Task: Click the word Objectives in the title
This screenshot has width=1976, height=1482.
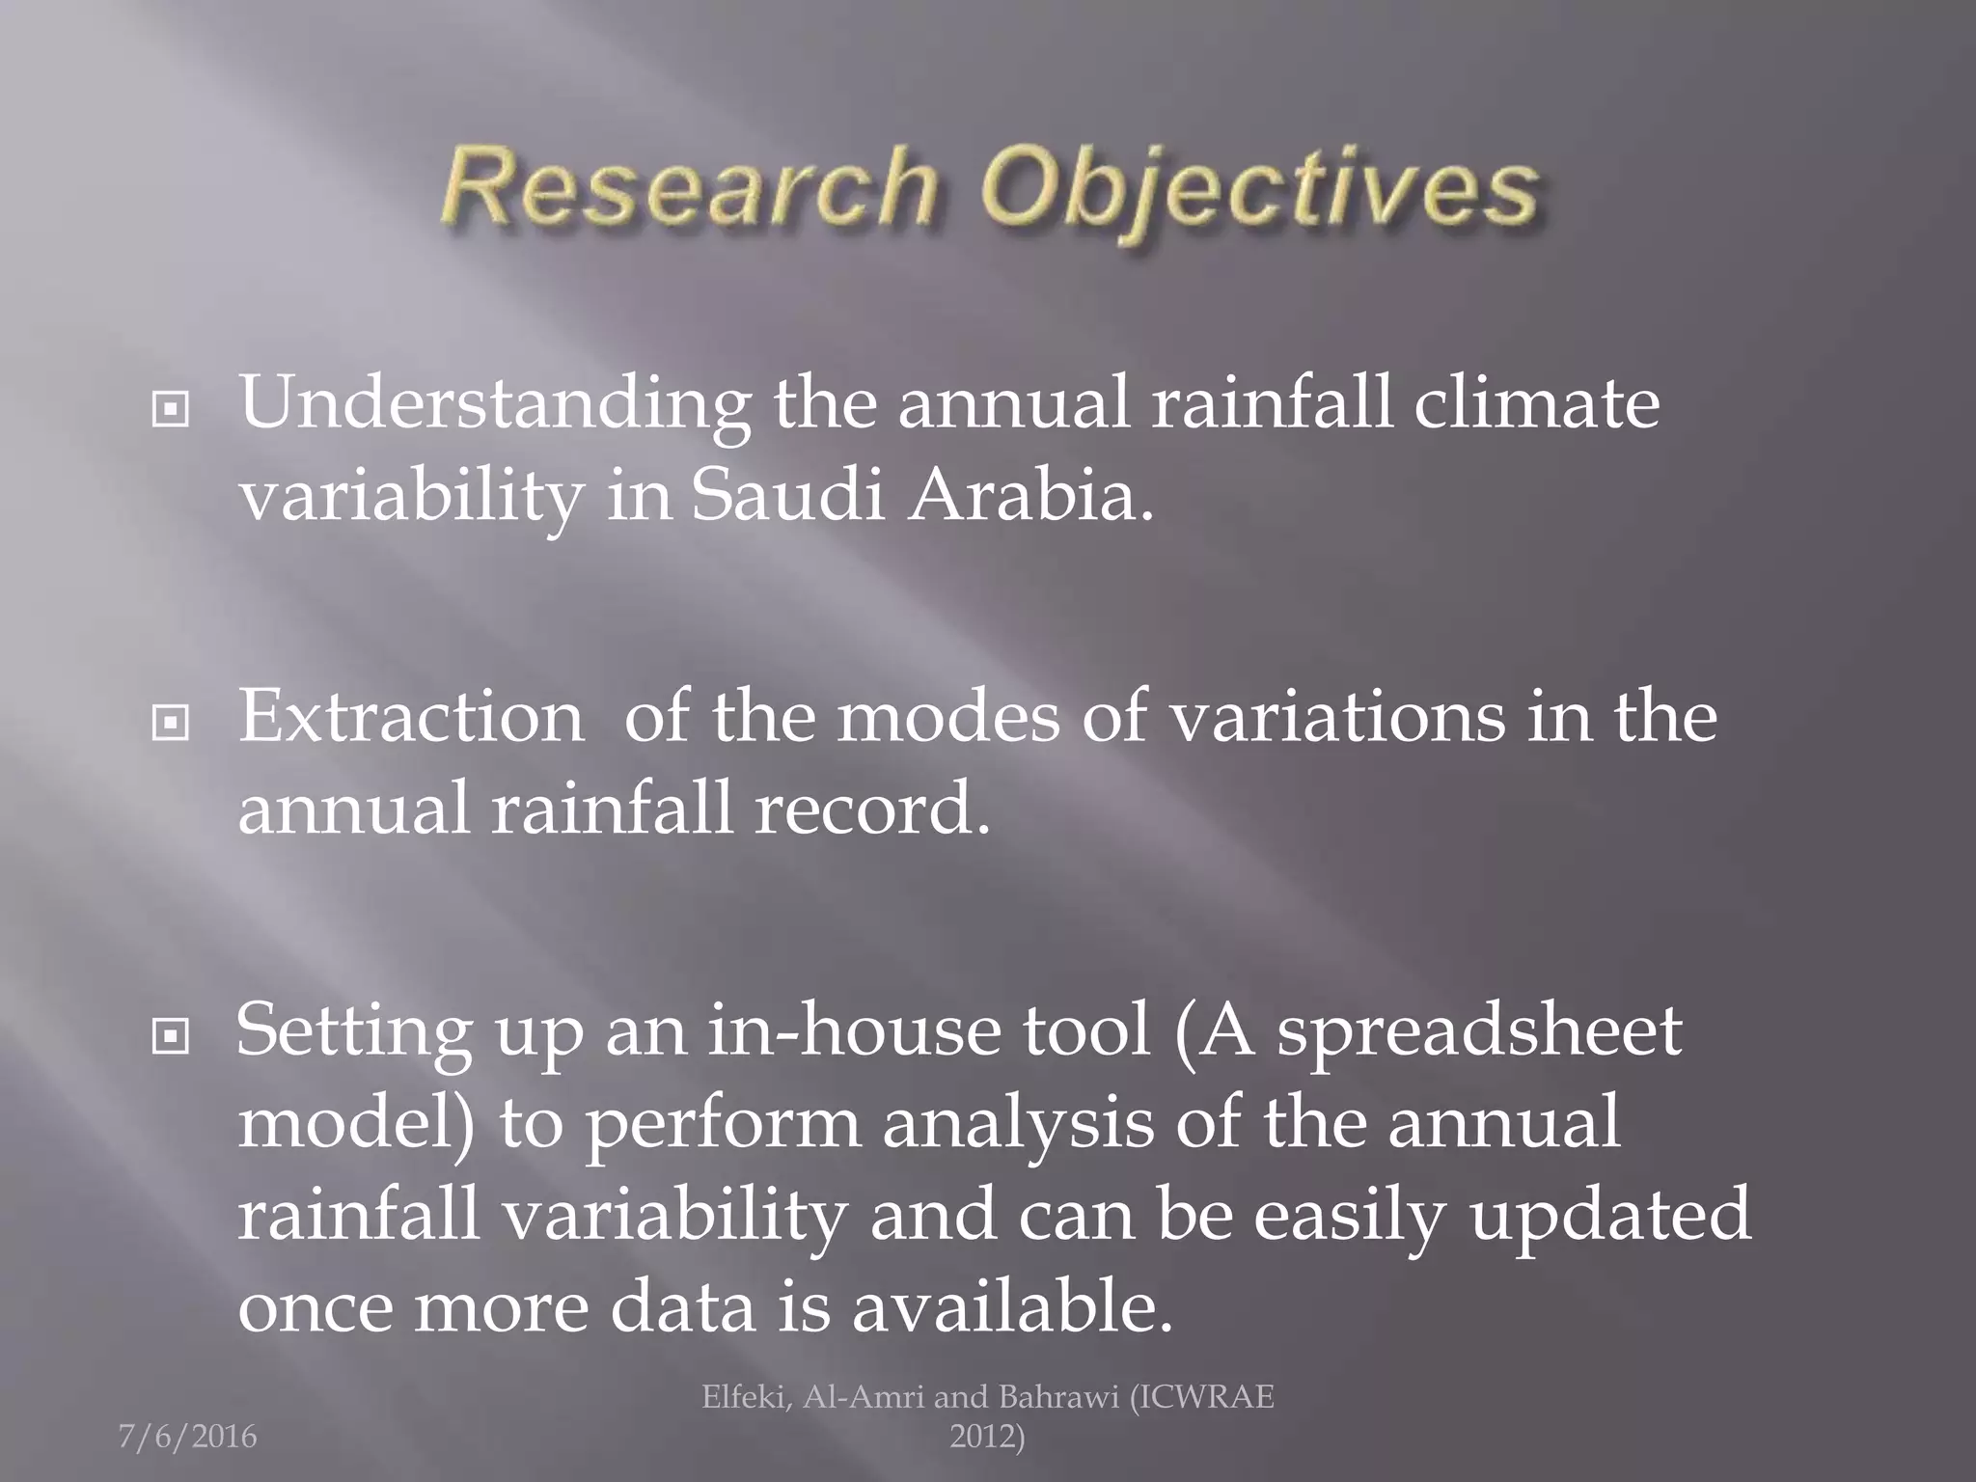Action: coord(1258,188)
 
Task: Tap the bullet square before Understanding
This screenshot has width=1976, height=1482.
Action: coord(170,411)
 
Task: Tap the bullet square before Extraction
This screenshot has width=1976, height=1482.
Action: coord(170,723)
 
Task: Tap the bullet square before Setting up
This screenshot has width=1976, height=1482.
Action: coord(170,1037)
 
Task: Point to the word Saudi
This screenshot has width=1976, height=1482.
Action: coord(787,496)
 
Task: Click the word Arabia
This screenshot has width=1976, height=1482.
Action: coord(1029,496)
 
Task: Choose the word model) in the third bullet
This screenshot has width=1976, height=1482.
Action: coord(357,1123)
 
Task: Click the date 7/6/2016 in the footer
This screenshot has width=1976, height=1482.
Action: coord(187,1438)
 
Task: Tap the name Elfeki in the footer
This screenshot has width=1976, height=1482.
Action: coord(745,1397)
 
